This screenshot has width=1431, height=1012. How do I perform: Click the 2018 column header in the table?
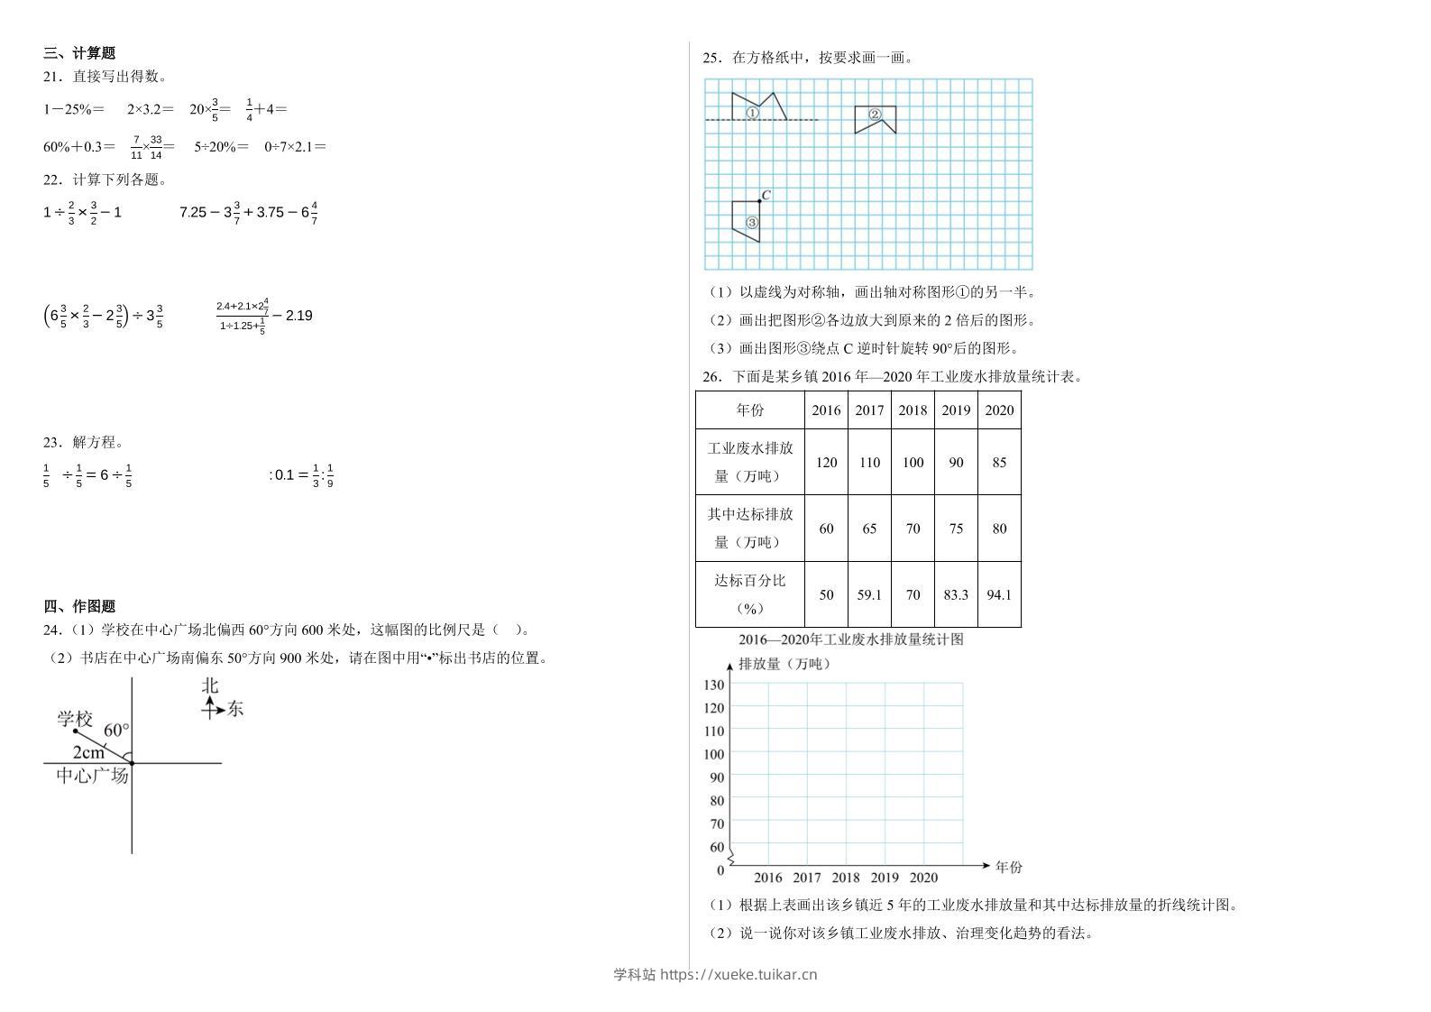pos(913,410)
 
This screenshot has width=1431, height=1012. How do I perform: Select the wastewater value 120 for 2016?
pos(826,463)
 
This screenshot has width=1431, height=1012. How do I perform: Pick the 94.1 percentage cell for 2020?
pos(999,595)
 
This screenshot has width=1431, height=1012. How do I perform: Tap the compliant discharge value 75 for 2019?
pos(956,529)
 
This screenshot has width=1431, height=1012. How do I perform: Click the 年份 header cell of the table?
pos(750,410)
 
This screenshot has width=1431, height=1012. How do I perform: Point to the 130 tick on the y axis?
pos(713,685)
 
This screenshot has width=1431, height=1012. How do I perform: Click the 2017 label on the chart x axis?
pos(807,878)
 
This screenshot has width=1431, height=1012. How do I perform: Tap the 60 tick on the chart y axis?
pos(717,847)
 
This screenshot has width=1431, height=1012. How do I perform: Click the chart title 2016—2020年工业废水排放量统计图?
pos(850,639)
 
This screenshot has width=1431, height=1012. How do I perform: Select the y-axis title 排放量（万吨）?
pos(784,664)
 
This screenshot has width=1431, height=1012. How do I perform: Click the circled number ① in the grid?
pos(752,114)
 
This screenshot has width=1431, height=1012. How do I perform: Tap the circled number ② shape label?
pos(875,115)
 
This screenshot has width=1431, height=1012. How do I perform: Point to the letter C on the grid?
pos(766,195)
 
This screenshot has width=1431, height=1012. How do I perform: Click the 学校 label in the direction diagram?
pos(75,719)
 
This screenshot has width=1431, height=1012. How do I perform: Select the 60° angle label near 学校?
pos(116,730)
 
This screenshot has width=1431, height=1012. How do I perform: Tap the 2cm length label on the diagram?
pos(88,752)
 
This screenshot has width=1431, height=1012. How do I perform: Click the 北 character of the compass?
pos(210,685)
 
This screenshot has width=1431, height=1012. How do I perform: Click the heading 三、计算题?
pos(79,53)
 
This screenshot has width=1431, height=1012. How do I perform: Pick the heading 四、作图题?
pos(79,606)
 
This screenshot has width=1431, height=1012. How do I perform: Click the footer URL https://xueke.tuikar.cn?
pos(738,974)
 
